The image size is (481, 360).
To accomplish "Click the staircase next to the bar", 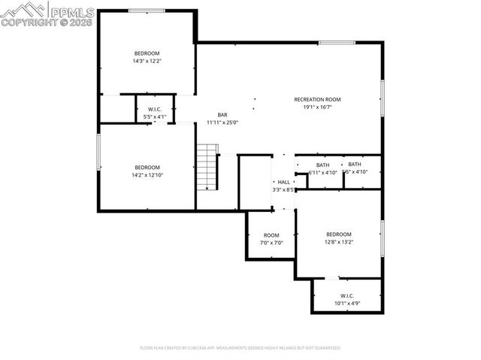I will [207, 167].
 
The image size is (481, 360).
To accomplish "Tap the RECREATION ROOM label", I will [317, 99].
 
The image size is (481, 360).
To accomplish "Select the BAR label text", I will [222, 115].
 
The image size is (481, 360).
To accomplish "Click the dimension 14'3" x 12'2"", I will [147, 61].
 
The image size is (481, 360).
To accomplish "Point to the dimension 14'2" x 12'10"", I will [147, 175].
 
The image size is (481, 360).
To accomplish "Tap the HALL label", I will [283, 182].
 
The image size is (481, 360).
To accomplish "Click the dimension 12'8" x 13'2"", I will [338, 242].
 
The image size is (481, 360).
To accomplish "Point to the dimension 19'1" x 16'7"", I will [317, 107].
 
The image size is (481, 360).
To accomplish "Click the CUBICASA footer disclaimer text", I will [240, 348].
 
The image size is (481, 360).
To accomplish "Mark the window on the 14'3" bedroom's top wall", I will [147, 11].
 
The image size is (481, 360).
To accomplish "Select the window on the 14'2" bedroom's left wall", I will [98, 152].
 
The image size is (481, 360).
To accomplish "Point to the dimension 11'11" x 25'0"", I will [222, 123].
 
